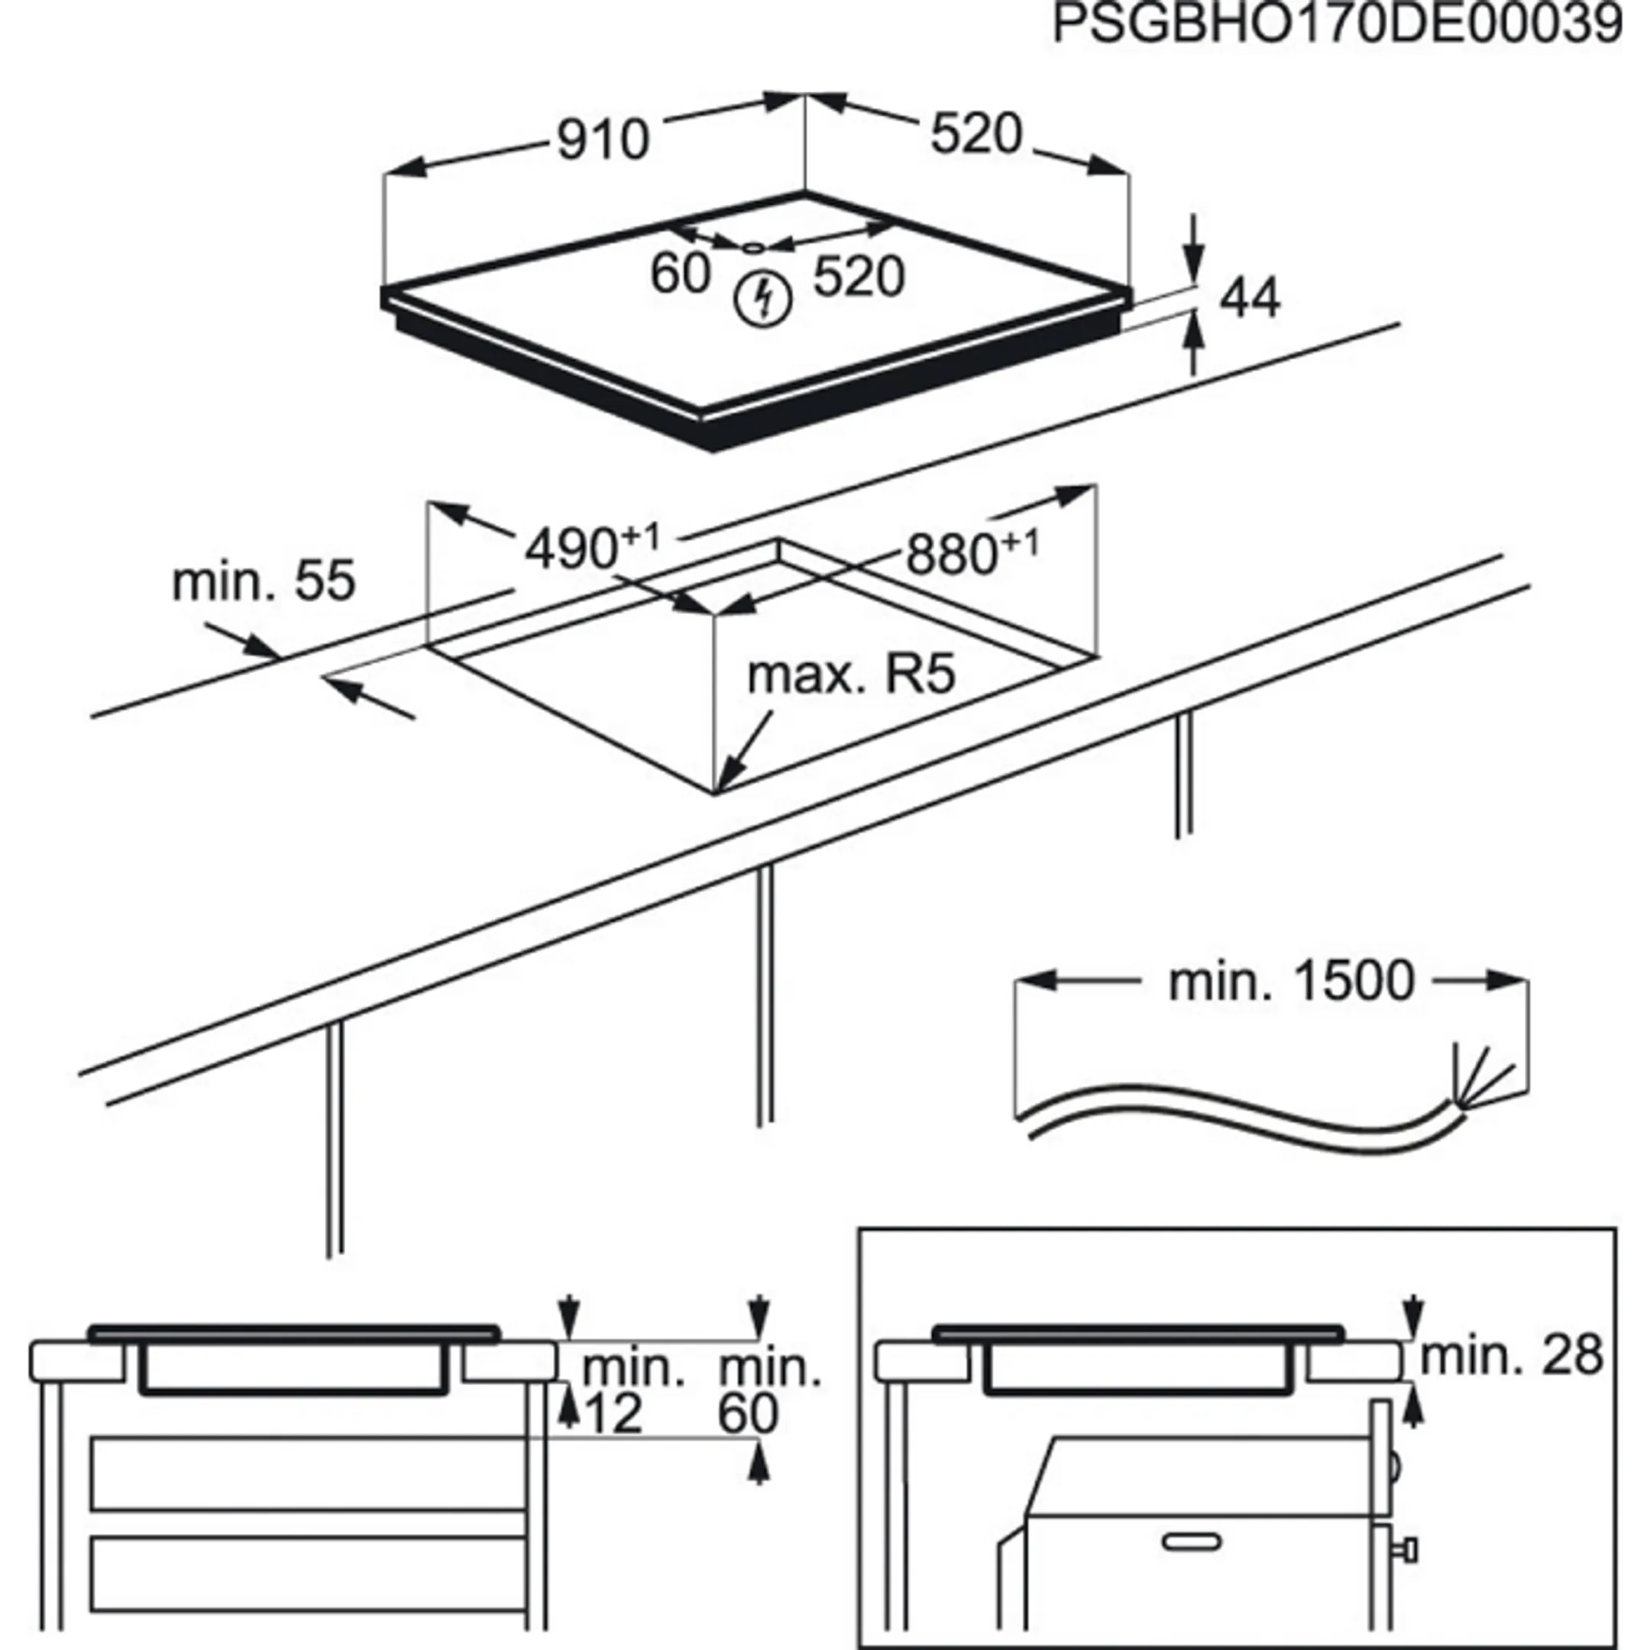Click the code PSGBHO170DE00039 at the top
point(1337,24)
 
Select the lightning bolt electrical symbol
point(765,299)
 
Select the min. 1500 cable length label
point(1291,982)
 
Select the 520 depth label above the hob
point(975,134)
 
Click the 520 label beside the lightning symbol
point(857,277)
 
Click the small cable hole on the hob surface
point(753,247)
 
